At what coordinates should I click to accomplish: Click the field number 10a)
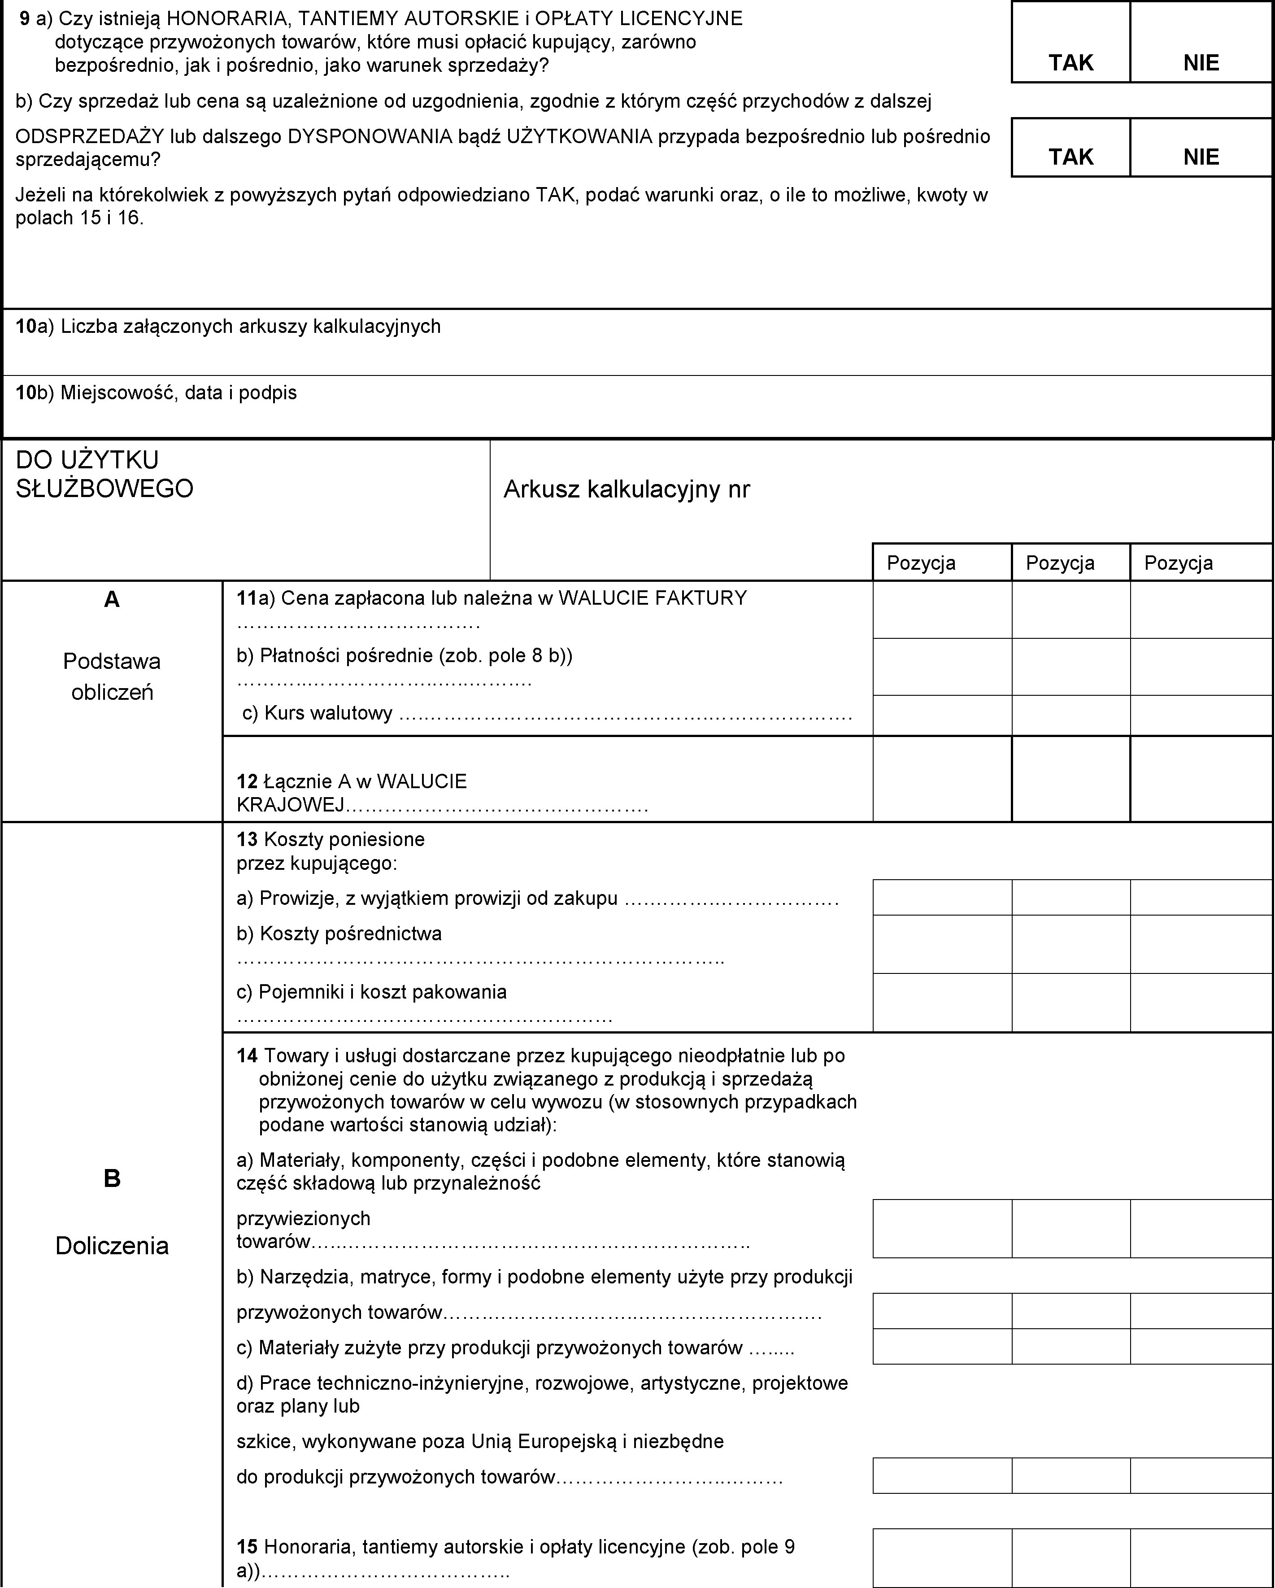click(x=34, y=326)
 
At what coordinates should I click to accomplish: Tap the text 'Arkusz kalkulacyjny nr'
click(x=626, y=489)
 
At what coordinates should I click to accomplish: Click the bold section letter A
click(x=112, y=600)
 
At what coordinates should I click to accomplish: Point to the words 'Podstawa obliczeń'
click(x=112, y=676)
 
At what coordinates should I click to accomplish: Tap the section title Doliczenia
click(x=112, y=1246)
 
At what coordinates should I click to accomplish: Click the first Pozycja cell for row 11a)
click(x=942, y=610)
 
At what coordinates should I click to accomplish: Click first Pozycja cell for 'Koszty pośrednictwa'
click(x=942, y=944)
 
